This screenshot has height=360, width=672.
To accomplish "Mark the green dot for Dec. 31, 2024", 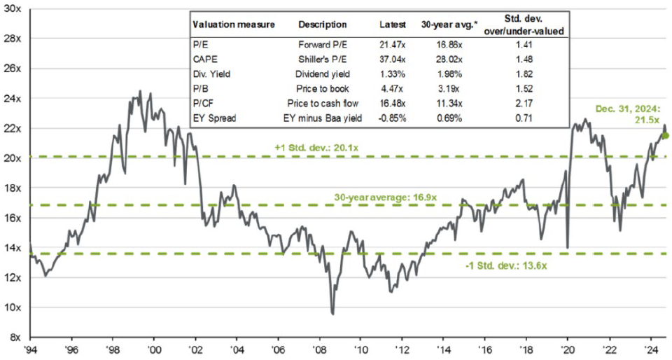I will pyautogui.click(x=666, y=135).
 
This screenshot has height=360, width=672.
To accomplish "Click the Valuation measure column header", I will pyautogui.click(x=233, y=25).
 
